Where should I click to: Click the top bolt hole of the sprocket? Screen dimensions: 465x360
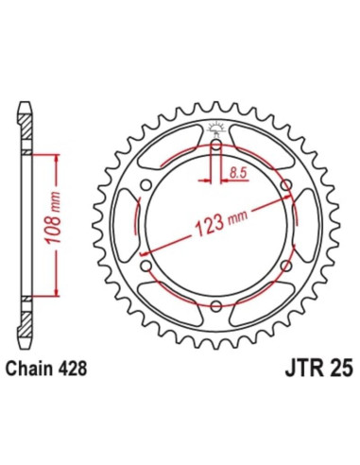[216, 146]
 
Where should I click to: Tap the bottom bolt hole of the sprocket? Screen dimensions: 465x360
[216, 305]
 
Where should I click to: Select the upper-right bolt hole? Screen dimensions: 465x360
[285, 185]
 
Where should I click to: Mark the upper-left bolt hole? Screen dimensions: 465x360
[147, 185]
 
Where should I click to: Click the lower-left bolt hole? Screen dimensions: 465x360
[147, 266]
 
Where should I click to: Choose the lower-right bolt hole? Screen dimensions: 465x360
[285, 266]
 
